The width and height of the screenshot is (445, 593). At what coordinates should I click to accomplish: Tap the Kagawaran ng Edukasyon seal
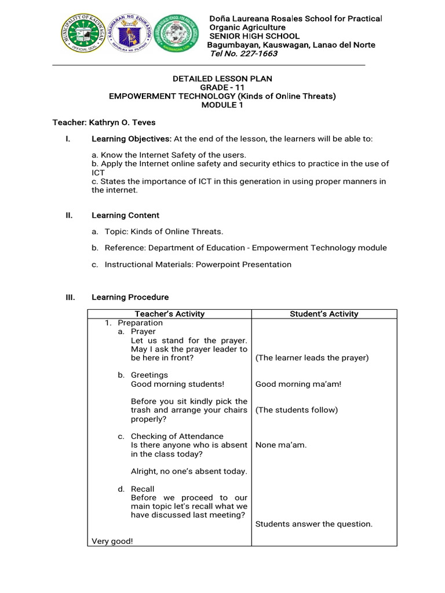point(129,36)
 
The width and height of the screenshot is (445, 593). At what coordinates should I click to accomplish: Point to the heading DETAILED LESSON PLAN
point(222,79)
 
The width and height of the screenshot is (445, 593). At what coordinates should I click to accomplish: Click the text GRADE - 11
point(222,87)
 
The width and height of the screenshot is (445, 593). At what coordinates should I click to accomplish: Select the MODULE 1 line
point(222,105)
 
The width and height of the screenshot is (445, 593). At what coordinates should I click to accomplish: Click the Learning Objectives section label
point(132,140)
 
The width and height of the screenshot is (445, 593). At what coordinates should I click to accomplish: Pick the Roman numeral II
point(69,215)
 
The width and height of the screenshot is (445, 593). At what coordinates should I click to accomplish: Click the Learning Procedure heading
point(130,297)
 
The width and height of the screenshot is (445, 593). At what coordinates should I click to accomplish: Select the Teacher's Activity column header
point(169,314)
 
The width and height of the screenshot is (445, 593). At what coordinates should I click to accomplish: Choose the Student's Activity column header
point(324,314)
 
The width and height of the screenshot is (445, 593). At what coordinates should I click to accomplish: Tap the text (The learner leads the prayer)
point(312,358)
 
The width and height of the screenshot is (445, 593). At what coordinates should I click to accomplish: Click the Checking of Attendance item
point(177,436)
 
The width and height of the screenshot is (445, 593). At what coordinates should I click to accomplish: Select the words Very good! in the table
point(112,541)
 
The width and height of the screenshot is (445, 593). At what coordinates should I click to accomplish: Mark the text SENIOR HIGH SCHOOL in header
point(254,36)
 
